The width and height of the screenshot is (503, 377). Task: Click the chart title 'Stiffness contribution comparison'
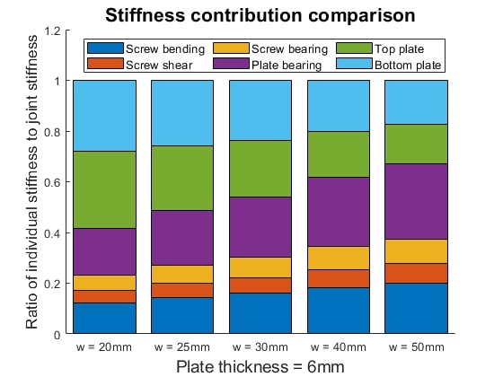pos(260,15)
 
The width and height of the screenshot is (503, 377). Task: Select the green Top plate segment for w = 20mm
pos(104,189)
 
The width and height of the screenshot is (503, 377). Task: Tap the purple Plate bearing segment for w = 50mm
pos(416,201)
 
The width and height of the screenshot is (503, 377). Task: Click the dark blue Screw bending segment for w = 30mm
pos(260,313)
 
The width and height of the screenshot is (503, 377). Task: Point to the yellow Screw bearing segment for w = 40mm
pos(339,258)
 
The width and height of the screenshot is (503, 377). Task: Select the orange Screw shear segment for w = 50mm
pos(416,273)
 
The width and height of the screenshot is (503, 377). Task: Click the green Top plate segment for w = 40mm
pos(339,153)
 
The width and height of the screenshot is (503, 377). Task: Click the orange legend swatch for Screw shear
pos(105,64)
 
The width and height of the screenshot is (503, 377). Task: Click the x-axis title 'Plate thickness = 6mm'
pos(260,366)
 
